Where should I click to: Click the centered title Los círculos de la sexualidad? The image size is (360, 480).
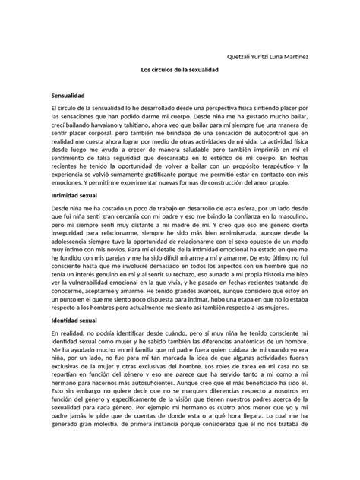tap(180, 70)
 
